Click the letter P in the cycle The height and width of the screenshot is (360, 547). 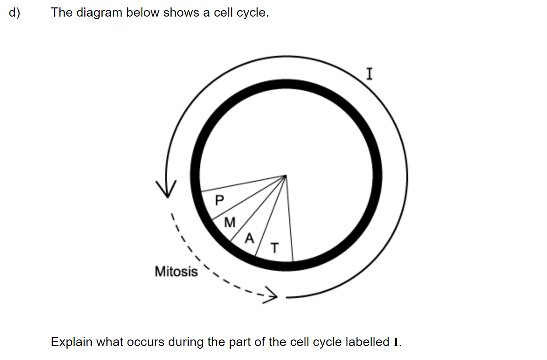click(x=219, y=200)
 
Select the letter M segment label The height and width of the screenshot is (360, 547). click(x=230, y=222)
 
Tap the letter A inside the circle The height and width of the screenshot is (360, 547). click(x=249, y=239)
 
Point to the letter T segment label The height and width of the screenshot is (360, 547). click(x=275, y=248)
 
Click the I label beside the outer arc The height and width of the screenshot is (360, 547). click(x=370, y=74)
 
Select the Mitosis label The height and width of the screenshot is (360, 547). click(x=177, y=272)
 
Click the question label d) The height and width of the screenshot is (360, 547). click(x=14, y=13)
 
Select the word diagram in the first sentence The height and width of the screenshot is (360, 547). click(x=99, y=13)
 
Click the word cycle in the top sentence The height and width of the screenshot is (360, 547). click(x=253, y=13)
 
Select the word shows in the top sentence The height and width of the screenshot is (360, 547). click(x=181, y=13)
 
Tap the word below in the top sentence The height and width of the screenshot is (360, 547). click(x=142, y=13)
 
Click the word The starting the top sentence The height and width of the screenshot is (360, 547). click(x=62, y=13)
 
